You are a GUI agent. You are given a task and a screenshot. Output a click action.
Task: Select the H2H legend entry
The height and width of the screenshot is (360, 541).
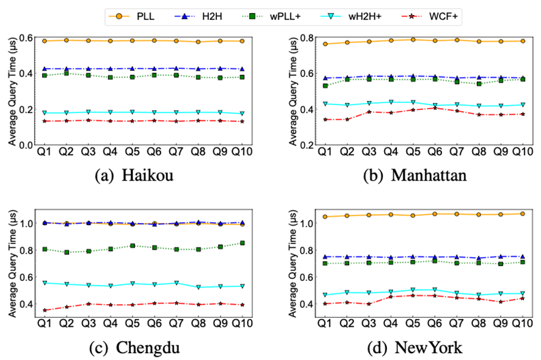212,14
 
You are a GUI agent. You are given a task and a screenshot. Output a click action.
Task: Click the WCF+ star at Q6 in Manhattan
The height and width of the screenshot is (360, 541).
437,108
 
